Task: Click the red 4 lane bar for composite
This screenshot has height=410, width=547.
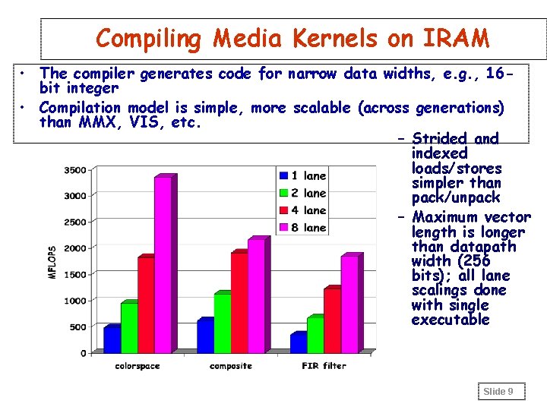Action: coord(239,302)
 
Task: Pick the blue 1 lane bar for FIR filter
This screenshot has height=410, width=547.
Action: coord(298,342)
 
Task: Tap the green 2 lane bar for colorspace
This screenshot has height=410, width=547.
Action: coord(128,327)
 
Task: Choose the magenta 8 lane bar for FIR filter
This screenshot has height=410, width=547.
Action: coord(349,304)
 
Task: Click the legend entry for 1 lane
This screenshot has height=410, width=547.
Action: coord(302,175)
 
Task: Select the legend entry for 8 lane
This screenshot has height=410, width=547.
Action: coord(302,227)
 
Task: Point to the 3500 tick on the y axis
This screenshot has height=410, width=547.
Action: coord(74,170)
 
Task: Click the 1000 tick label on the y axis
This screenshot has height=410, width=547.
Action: coord(74,301)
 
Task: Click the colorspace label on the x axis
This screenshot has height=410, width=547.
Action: coord(137,366)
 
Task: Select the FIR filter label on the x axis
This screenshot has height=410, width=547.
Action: coord(324,366)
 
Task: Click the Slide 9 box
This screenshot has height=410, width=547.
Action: coord(498,392)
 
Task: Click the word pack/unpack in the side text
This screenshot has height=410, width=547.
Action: coord(456,197)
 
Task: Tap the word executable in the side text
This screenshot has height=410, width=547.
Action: coord(450,320)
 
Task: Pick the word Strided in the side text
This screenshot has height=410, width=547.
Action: coord(439,139)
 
